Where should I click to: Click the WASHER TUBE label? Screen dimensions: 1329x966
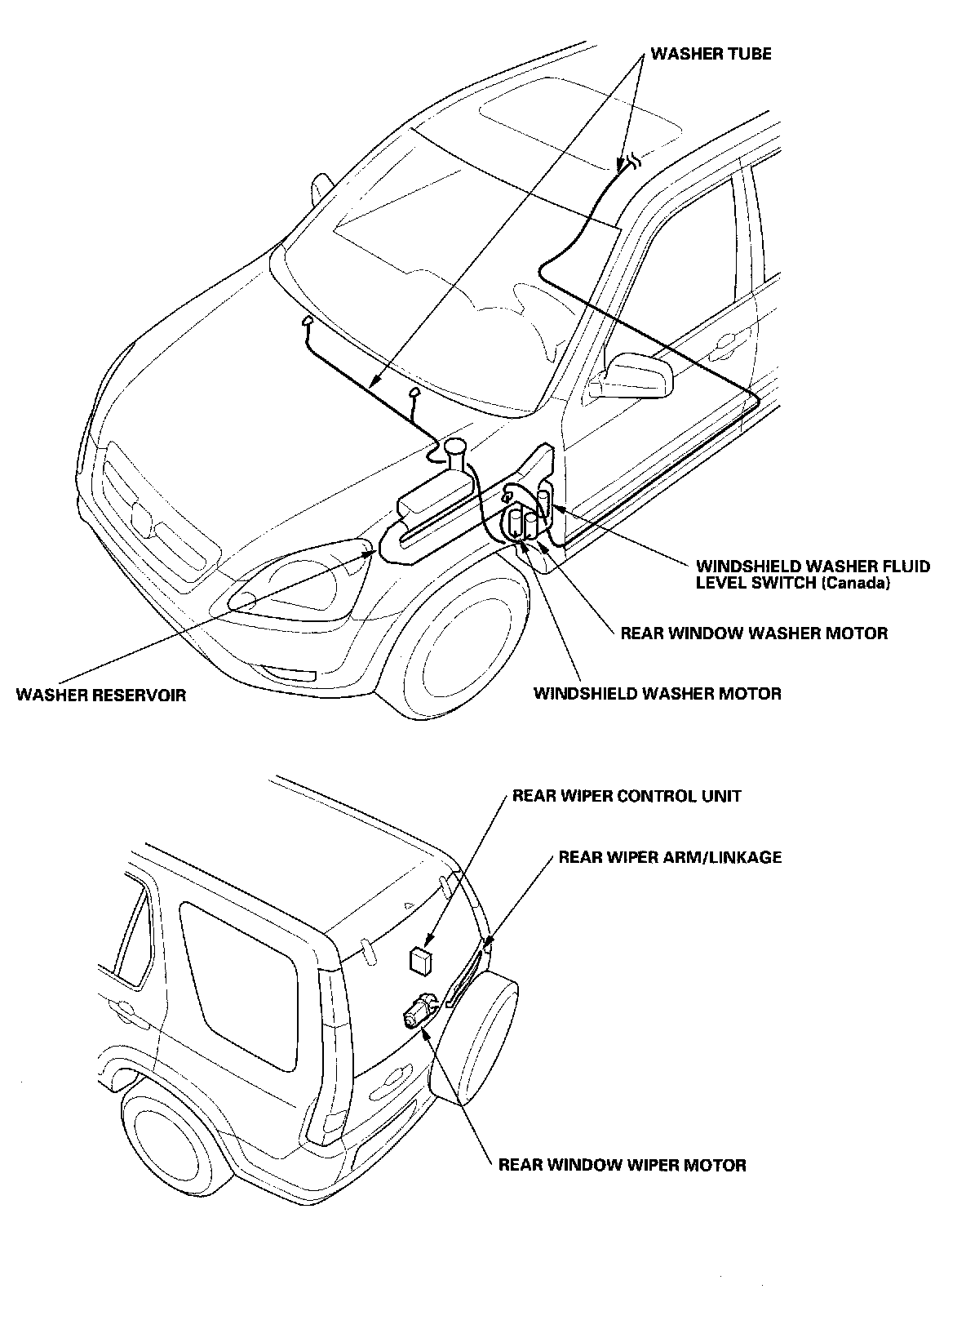(711, 54)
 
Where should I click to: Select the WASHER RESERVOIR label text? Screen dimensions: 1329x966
(101, 696)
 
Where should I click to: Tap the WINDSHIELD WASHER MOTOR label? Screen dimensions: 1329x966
(657, 694)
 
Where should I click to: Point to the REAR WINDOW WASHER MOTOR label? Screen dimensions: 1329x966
(754, 633)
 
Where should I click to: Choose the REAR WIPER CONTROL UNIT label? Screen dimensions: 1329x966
(627, 796)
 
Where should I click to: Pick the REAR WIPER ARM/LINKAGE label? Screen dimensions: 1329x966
(670, 857)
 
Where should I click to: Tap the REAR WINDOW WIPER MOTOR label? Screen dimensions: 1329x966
(622, 1165)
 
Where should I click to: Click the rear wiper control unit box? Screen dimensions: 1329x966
(420, 960)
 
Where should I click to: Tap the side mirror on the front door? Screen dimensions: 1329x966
(640, 374)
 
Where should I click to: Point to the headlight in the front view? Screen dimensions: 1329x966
(294, 580)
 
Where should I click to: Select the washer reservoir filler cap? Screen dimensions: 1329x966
(454, 446)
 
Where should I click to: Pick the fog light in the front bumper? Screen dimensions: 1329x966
(290, 674)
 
